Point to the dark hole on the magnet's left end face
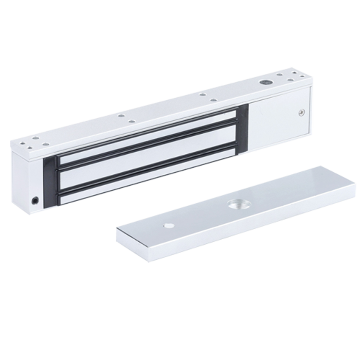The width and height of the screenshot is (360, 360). click(x=34, y=199)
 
